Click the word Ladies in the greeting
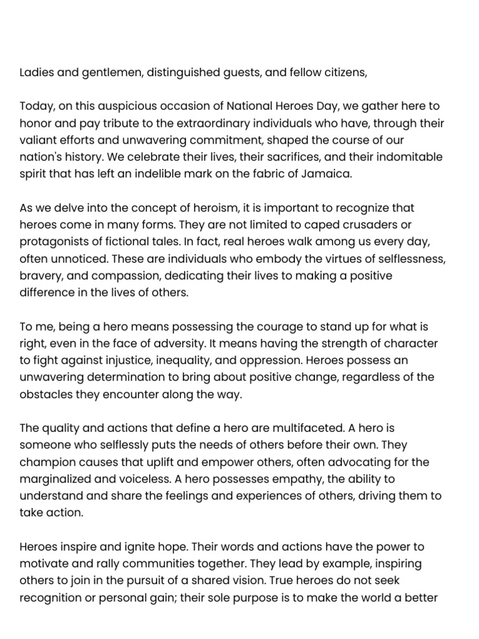pos(35,72)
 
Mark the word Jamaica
pos(327,174)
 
